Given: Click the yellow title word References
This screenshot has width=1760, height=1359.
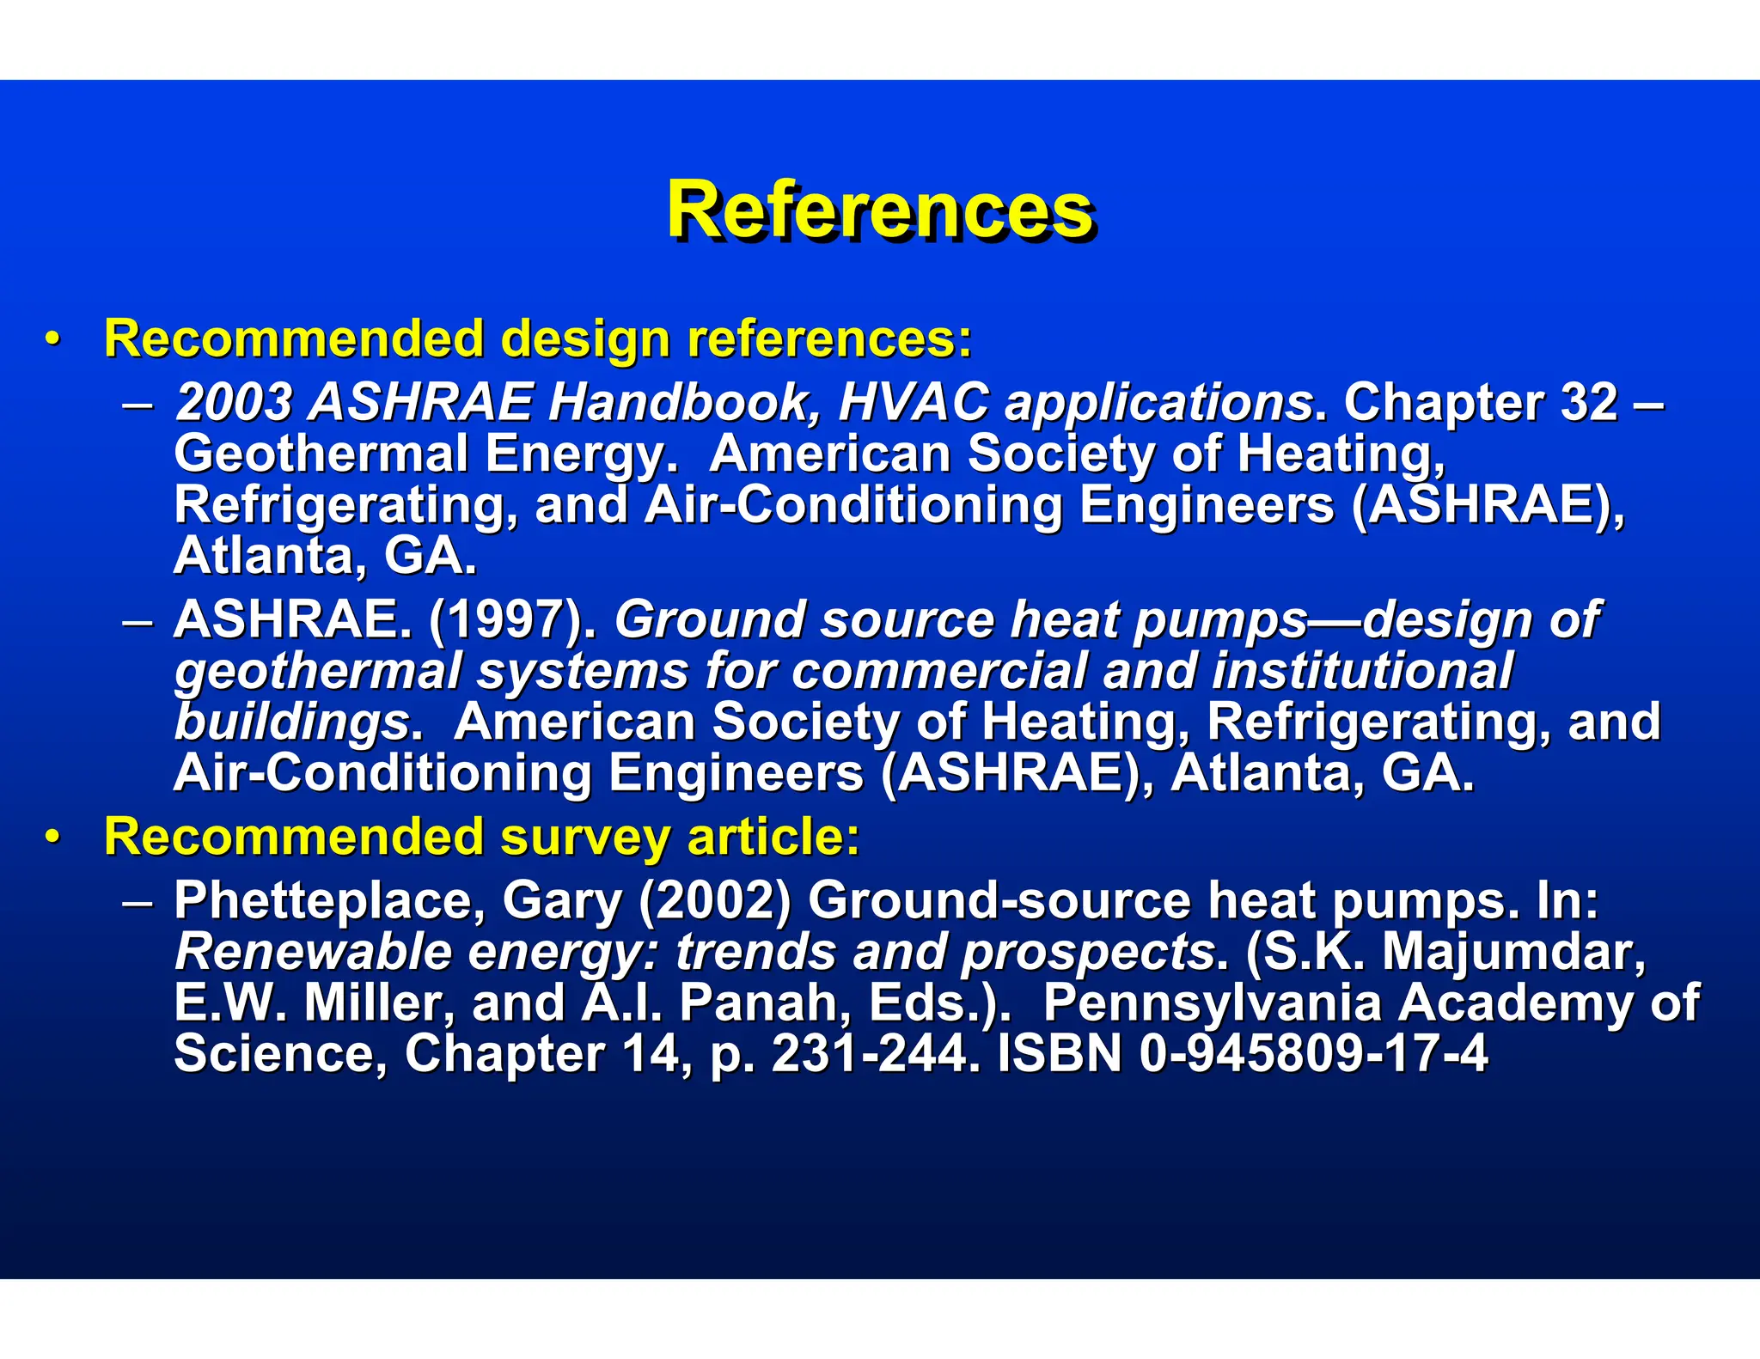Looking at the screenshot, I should pos(880,210).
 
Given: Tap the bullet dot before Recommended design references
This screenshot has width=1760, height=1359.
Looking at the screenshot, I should pos(53,340).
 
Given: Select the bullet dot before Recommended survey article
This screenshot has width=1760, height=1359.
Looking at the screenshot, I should pos(53,838).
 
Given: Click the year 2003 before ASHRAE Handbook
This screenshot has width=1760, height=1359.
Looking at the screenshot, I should pos(234,402).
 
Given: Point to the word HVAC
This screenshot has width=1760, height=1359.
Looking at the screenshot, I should pos(913,402).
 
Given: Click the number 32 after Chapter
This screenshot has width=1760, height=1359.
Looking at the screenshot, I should pos(1588,402).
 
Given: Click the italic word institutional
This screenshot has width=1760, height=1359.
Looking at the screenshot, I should pos(1362,671).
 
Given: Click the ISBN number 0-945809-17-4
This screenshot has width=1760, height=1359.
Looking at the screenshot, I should pos(1313,1054).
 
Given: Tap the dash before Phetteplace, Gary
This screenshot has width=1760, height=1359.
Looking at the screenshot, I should pos(137,902).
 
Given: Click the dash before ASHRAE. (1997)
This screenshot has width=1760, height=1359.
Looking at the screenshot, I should pos(137,621).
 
